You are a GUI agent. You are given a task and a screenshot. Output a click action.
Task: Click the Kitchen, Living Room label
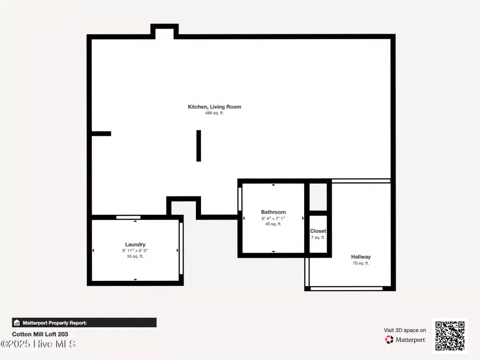point(214,107)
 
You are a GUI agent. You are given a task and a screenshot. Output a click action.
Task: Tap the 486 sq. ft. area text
point(214,113)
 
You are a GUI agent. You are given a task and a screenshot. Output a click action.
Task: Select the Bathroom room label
point(273,212)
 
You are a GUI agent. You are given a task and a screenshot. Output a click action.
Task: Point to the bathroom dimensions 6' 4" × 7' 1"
point(273,218)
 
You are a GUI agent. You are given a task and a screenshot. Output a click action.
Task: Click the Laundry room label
point(135,244)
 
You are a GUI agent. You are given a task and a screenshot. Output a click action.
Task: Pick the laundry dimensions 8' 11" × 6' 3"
point(135,250)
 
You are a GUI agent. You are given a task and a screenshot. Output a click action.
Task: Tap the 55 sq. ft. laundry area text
point(135,256)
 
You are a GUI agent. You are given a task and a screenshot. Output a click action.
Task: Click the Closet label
point(318,231)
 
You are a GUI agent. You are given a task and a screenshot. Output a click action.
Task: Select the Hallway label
point(361,257)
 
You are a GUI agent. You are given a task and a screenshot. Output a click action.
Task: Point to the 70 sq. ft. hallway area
point(361,263)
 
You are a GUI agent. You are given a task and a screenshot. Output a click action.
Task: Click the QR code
point(450,336)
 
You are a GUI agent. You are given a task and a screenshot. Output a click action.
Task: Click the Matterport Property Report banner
point(84,322)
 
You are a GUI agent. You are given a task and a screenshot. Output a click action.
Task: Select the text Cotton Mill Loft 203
point(40,334)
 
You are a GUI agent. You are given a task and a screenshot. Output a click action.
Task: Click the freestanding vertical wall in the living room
point(199,146)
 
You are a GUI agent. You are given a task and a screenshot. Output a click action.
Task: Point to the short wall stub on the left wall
point(101,134)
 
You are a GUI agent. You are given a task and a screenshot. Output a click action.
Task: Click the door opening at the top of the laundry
point(128,217)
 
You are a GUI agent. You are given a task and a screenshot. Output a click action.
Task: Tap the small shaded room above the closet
point(318,197)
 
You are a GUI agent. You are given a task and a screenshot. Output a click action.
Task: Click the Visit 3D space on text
point(405,330)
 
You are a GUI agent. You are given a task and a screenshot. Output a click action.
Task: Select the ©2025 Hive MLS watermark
point(38,344)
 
